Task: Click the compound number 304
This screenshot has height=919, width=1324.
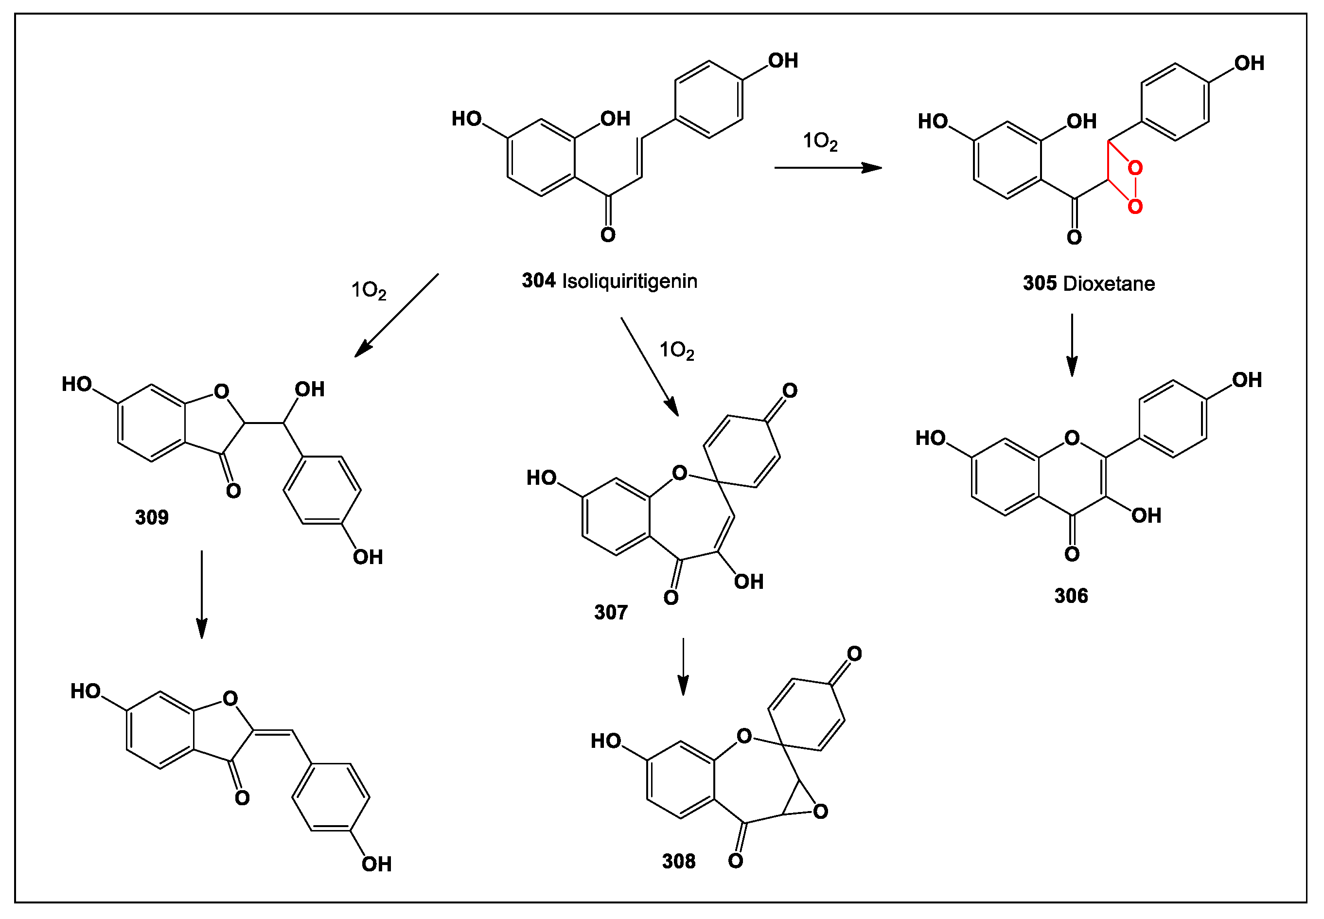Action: (538, 281)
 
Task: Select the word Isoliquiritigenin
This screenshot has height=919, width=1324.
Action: (629, 282)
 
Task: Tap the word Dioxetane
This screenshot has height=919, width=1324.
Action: (1108, 284)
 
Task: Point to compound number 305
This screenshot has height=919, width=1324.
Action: (1040, 284)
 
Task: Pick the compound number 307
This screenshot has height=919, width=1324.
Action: (610, 613)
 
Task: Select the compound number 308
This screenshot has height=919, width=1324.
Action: (678, 862)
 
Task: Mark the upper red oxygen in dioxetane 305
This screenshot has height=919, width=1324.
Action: (1134, 168)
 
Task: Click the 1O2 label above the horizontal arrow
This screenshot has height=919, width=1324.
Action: (820, 141)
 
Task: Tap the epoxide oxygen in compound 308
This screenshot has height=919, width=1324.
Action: (820, 812)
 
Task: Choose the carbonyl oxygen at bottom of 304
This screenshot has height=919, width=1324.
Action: (608, 235)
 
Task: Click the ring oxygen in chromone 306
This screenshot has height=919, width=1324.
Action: (1071, 438)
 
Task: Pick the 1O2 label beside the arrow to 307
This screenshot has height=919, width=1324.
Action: (676, 350)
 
